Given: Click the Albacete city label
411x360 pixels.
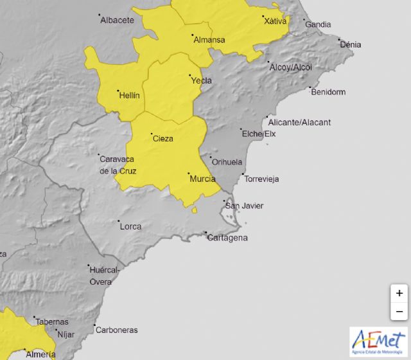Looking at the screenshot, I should pos(117,20).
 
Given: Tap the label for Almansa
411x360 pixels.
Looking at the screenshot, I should pos(209,40).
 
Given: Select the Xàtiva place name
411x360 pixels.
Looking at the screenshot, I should pos(275,21).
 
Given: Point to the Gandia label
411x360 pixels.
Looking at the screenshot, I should pos(318,25).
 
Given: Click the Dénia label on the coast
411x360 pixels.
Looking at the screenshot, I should pos(351,45).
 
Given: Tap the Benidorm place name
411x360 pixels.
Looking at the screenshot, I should pos(328,92).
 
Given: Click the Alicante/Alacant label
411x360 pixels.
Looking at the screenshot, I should pos(299,123).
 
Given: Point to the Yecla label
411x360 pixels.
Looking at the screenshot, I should pos(202,81).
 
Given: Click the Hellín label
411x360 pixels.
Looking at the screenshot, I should pos(129,96).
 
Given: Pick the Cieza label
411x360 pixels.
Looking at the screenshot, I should pos(162,138).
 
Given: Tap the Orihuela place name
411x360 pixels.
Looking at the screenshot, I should pos(227,162).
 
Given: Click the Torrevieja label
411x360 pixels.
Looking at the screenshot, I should pos(262,179).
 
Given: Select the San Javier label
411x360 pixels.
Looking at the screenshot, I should pos(244,206).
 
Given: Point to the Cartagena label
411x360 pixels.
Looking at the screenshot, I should pos(227,238).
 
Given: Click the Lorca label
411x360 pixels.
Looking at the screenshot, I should pos(130,226).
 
